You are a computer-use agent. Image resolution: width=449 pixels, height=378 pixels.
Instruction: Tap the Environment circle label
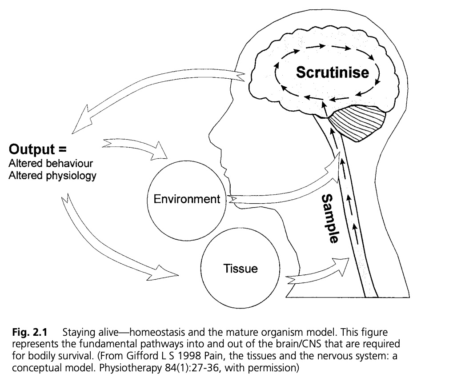pos(187,199)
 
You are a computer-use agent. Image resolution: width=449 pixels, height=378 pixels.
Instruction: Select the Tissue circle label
pos(241,269)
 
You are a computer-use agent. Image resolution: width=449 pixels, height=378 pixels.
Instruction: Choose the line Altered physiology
pos(52,175)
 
